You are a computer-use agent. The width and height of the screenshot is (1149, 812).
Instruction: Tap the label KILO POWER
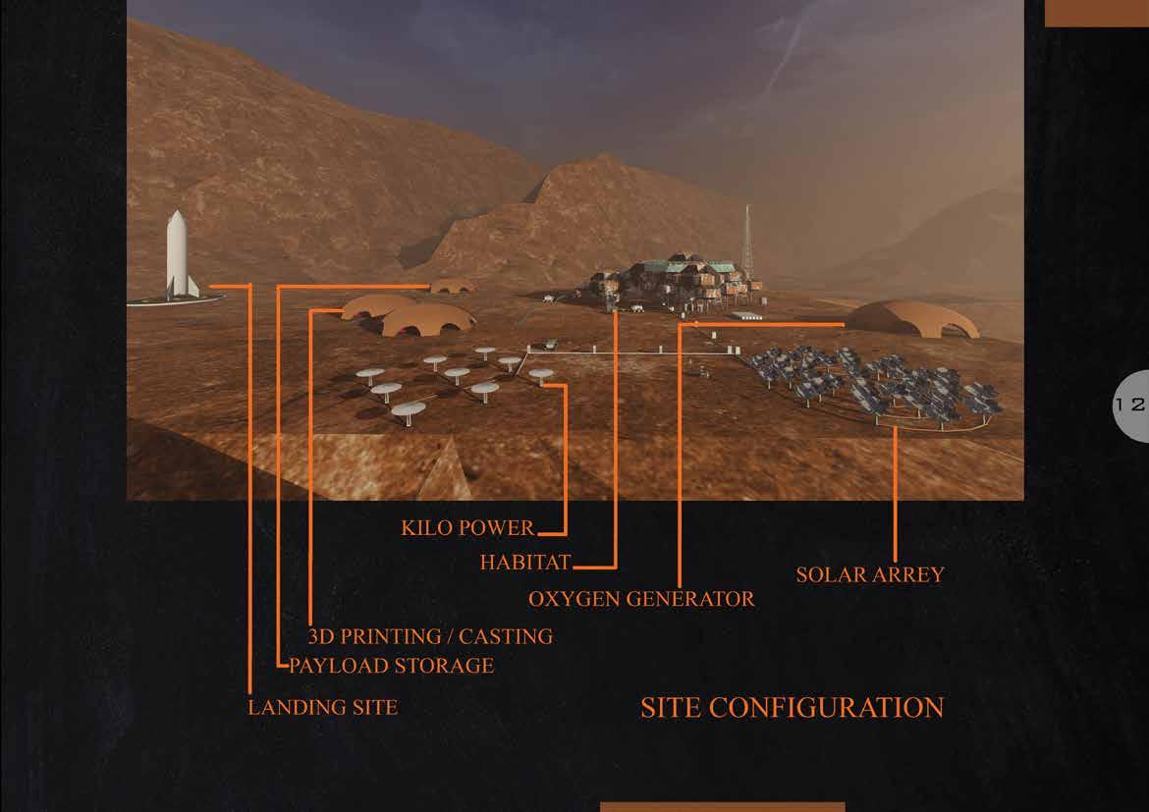coord(467,528)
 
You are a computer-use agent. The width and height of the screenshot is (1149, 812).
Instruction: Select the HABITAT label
coord(525,564)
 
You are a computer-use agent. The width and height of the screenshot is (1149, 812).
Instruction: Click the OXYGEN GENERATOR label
coord(641,598)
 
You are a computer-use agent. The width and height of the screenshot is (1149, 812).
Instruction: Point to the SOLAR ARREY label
coord(869,574)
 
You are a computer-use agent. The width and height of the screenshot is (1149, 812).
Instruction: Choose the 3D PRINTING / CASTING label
coord(430,636)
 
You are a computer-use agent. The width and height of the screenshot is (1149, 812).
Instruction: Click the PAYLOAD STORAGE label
coord(391,666)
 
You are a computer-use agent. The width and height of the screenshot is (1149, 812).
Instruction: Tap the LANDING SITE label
coord(322,707)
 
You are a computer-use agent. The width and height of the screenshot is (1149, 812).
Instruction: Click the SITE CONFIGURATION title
coord(792,707)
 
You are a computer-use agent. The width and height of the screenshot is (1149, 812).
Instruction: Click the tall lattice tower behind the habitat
coord(748,241)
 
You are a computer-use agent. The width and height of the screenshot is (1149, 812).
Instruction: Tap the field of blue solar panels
coord(874,383)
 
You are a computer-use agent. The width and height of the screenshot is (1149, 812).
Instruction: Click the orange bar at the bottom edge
coord(722,806)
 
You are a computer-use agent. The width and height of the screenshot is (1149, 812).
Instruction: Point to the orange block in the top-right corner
coord(1096,13)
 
